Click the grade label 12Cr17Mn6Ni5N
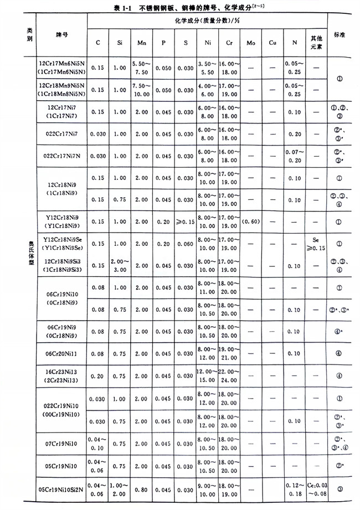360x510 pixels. (62, 65)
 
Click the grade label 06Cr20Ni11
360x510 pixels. (61, 353)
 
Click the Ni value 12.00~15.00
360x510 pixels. (205, 376)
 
